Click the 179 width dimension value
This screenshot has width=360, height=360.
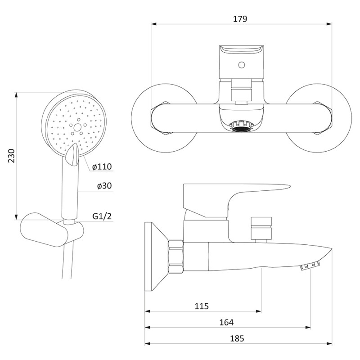click(x=240, y=19)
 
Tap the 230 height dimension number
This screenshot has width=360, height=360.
click(x=11, y=156)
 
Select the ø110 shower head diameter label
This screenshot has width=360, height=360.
click(x=102, y=166)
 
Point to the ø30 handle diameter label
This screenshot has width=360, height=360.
click(x=104, y=185)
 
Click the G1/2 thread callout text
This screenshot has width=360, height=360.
click(x=102, y=216)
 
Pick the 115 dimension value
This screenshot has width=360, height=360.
click(x=202, y=306)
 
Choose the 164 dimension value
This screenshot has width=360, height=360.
click(x=226, y=322)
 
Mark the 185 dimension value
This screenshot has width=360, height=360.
click(x=237, y=338)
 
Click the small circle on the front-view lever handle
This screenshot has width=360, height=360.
click(x=241, y=65)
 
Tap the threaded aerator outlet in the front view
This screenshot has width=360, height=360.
click(x=241, y=126)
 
